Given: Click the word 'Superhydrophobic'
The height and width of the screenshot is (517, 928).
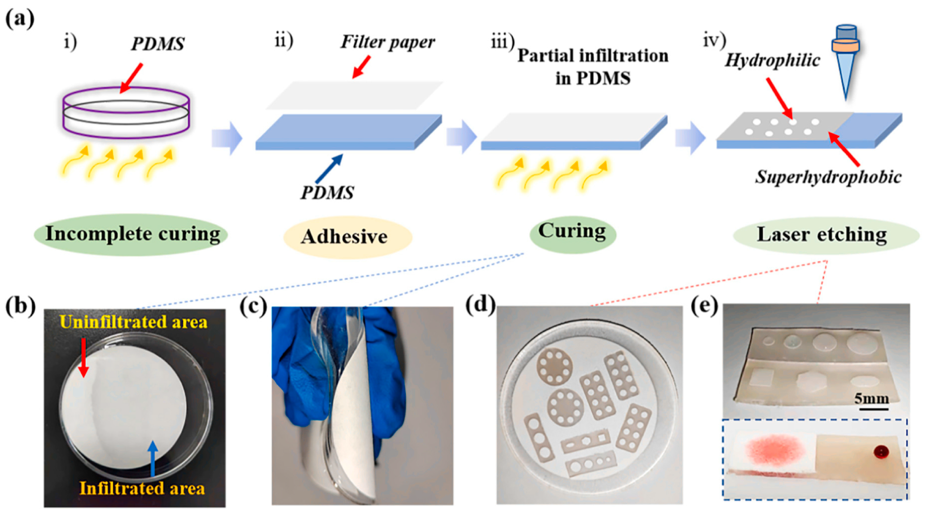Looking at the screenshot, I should [828, 178].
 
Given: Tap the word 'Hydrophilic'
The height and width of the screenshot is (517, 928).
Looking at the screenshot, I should [772, 61].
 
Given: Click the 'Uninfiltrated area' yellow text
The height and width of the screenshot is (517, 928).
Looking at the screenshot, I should [133, 322].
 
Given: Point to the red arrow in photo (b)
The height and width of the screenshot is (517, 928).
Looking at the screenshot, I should [83, 357].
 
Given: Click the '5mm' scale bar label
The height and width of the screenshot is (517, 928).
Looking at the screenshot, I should [871, 399].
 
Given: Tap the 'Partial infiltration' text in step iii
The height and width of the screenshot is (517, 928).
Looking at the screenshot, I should [592, 56].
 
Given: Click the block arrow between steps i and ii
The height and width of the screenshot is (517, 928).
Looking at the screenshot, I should [227, 138].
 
